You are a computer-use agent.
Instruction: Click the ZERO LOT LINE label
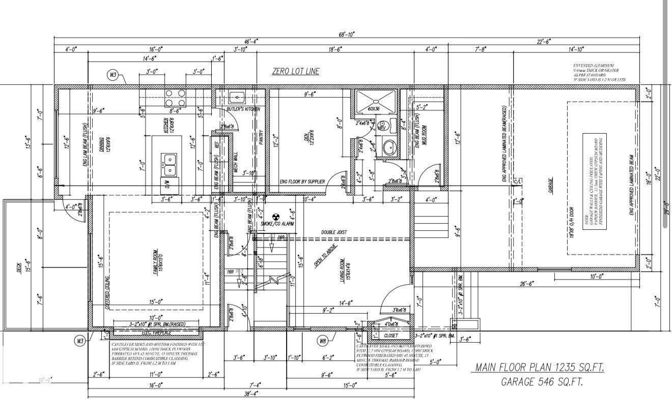tap(295, 71)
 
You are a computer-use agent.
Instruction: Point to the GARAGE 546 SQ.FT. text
tap(542, 381)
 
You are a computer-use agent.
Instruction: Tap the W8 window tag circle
tap(323, 340)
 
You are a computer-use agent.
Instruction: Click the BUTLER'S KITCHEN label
tap(243, 109)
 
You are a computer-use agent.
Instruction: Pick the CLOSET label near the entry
tap(391, 336)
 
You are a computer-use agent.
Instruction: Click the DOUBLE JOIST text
tap(334, 232)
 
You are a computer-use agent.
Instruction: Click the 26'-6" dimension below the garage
tap(526, 284)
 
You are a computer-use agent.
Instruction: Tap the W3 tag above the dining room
tap(113, 75)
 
